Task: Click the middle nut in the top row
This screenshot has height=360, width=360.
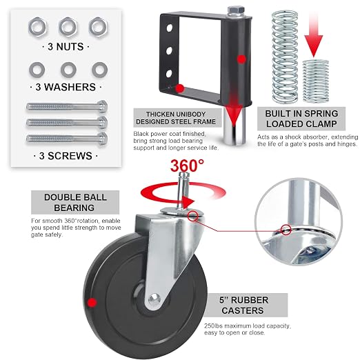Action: [68, 27]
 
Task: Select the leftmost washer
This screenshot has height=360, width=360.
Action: [37, 70]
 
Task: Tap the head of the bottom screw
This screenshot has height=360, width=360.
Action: [103, 139]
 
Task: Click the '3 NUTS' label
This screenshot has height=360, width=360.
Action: [66, 47]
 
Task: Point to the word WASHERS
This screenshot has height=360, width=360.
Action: [70, 87]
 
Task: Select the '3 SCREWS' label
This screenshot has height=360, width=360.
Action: [66, 156]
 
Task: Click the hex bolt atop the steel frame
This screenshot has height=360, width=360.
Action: [236, 11]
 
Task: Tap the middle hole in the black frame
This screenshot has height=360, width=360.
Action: [170, 51]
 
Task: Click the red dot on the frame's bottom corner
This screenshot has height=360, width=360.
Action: [180, 88]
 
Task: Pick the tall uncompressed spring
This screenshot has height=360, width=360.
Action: [285, 56]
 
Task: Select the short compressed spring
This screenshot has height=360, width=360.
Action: [315, 81]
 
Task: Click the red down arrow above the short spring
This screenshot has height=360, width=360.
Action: [314, 34]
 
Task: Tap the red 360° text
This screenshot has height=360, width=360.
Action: [187, 166]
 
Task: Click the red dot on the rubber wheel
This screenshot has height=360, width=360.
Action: [92, 303]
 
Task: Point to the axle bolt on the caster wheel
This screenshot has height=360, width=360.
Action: [154, 300]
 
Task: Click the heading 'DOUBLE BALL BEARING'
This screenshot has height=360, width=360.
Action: [75, 203]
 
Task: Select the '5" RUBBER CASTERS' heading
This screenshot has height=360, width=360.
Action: [243, 306]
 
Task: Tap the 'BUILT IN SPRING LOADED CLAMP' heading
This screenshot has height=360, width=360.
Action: [301, 119]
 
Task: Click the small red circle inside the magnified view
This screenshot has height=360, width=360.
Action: [286, 230]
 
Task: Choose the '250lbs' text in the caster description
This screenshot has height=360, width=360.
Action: [213, 326]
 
